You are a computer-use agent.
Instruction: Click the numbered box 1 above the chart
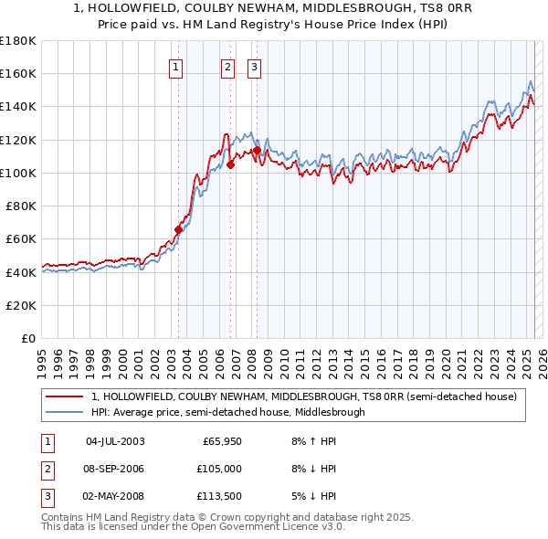click(x=174, y=66)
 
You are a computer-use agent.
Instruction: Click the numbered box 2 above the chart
click(x=227, y=66)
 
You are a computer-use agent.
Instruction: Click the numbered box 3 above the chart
click(x=254, y=66)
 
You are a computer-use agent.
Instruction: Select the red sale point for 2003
click(x=179, y=229)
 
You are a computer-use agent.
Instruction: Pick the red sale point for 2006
click(x=231, y=165)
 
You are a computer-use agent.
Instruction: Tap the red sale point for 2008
click(x=258, y=151)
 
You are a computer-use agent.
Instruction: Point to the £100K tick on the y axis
click(x=18, y=173)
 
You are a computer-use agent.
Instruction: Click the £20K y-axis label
click(x=22, y=305)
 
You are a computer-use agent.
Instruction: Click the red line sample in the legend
click(x=65, y=397)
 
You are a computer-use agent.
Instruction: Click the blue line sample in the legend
click(x=65, y=412)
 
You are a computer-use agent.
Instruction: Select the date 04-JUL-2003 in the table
click(x=115, y=441)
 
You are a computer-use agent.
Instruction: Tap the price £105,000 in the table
click(x=220, y=469)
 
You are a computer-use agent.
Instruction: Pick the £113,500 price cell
click(x=220, y=496)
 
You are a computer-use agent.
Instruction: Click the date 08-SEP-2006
click(x=115, y=469)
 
